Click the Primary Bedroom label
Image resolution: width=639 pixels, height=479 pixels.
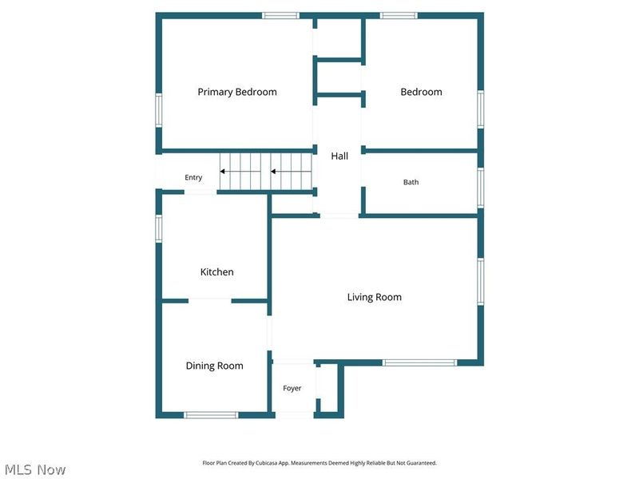[x=237, y=92]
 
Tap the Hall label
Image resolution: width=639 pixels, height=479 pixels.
[x=339, y=156]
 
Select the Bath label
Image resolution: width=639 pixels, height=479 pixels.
[x=411, y=182]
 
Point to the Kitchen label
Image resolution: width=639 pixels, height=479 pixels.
[x=216, y=271]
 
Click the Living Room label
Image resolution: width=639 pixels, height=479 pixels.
[x=374, y=297]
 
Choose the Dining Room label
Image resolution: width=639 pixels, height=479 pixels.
[x=214, y=366]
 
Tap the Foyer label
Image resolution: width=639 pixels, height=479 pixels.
[x=292, y=388]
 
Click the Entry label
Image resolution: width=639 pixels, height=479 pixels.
[x=193, y=177]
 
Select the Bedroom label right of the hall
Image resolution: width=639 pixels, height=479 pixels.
[x=421, y=92]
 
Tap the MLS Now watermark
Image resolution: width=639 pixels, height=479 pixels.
[x=35, y=469]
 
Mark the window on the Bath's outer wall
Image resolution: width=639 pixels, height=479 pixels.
[x=481, y=188]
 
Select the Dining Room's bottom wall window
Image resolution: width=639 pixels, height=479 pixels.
[x=211, y=415]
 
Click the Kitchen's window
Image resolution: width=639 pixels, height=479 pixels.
[x=158, y=228]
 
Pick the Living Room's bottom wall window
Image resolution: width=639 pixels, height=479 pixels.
[x=419, y=362]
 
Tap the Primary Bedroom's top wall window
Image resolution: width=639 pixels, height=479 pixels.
[x=280, y=15]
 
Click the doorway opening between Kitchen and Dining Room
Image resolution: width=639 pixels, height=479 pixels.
[x=210, y=301]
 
